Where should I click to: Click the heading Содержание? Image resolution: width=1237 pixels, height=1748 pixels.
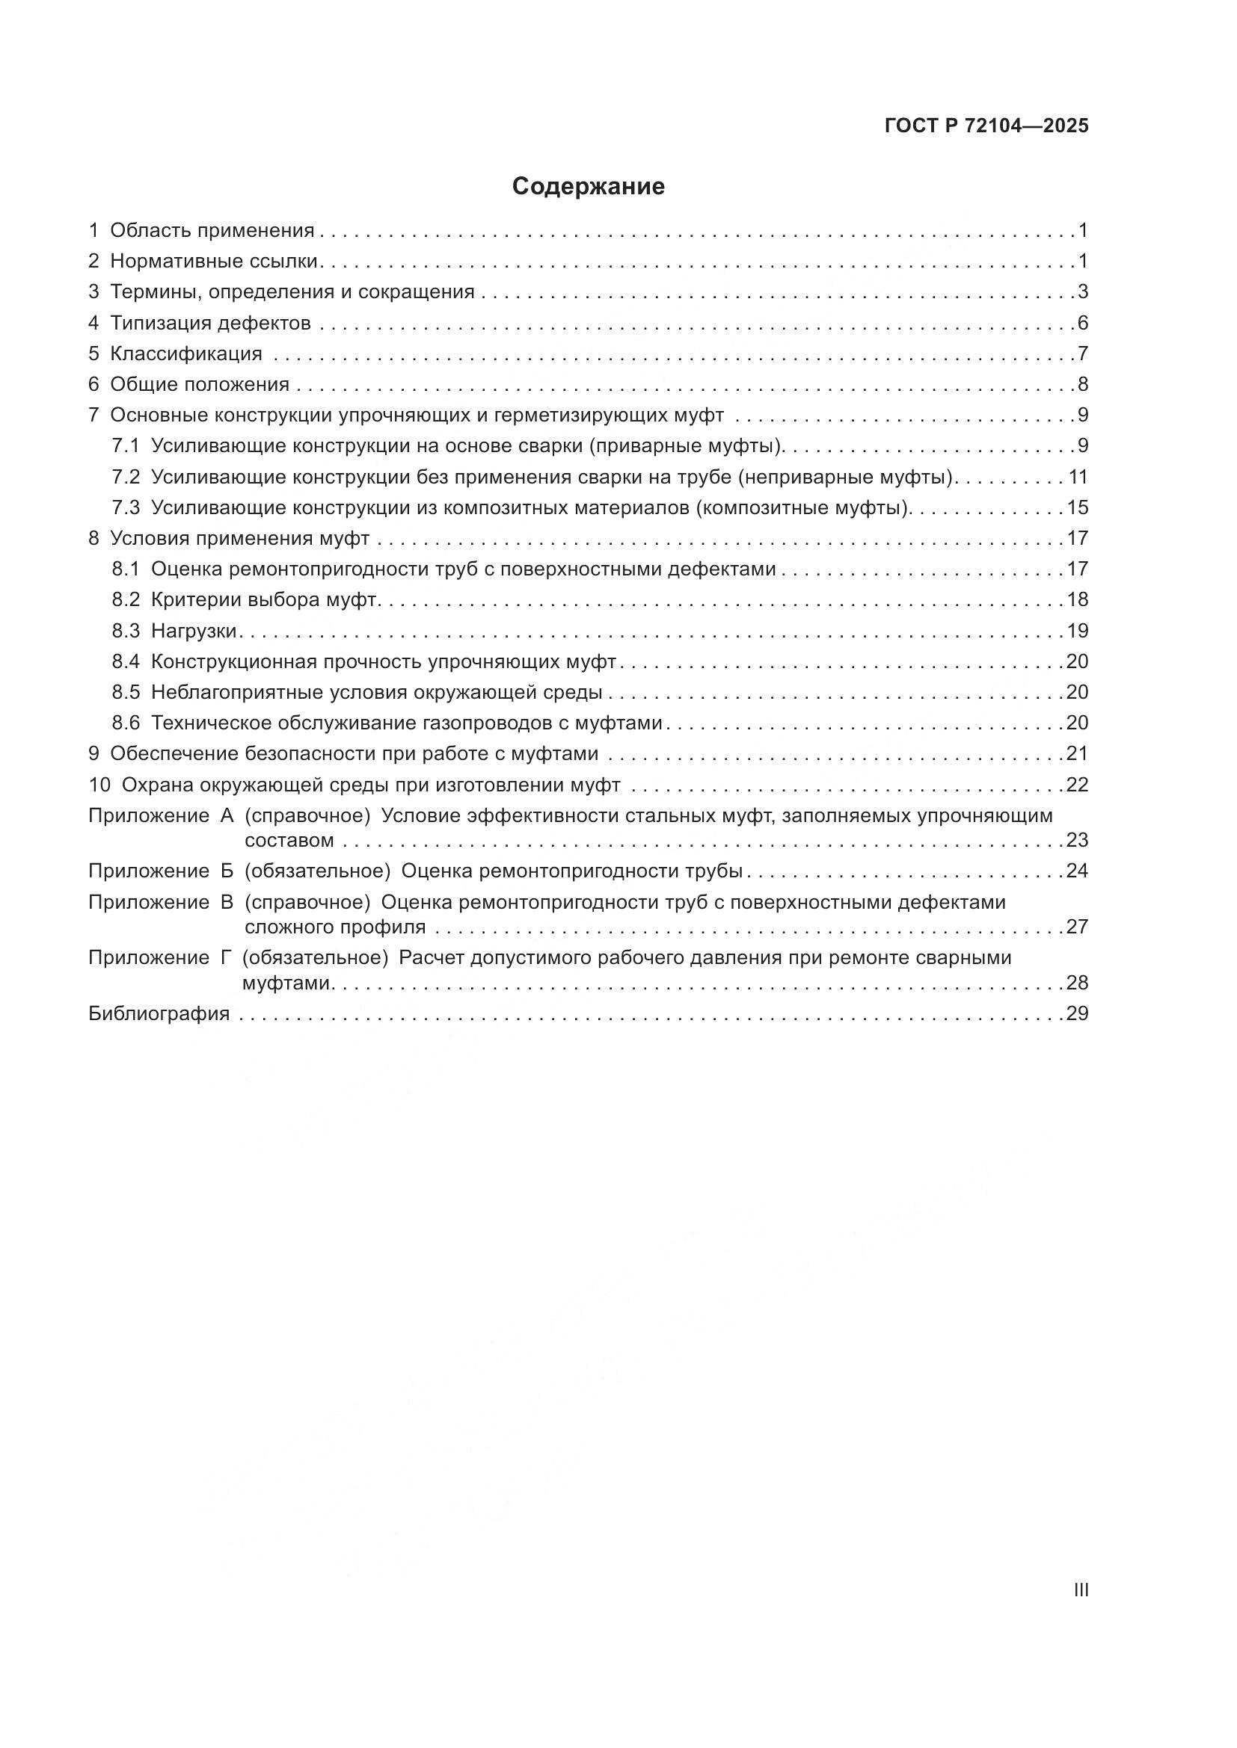point(588,187)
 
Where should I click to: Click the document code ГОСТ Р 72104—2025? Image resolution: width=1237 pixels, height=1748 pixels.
point(986,126)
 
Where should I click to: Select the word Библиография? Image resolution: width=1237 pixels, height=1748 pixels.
point(159,1013)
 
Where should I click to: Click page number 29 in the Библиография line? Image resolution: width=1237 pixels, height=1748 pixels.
point(1077,1013)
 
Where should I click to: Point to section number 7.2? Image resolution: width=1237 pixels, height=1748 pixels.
point(126,478)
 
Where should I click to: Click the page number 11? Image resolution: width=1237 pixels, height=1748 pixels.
point(1078,478)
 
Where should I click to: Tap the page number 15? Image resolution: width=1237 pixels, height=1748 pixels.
point(1077,507)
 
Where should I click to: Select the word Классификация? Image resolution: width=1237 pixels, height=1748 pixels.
point(186,354)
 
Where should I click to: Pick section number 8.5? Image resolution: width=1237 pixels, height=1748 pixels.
point(126,692)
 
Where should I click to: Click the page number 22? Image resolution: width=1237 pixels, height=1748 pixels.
point(1077,785)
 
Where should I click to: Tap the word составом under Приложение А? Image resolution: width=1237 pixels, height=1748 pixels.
point(289,841)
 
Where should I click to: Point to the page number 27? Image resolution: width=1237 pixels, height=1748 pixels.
point(1077,927)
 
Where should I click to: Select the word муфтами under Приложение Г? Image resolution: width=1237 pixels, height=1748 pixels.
point(286,983)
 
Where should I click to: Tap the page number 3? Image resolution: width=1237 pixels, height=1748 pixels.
point(1082,292)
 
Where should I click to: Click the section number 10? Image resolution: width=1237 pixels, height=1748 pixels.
point(99,785)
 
